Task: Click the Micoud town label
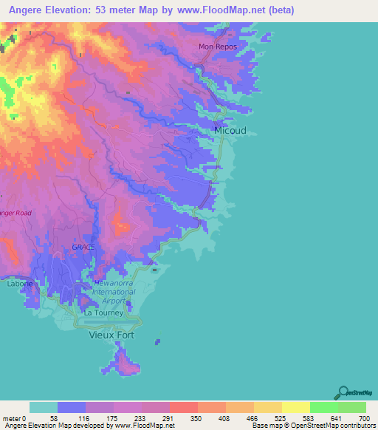[230, 130]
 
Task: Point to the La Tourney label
[103, 313]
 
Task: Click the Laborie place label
[20, 283]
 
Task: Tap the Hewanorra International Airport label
[114, 292]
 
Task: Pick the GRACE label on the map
[83, 246]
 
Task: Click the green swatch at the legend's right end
[351, 407]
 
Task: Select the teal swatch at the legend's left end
[44, 407]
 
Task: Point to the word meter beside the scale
[12, 418]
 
